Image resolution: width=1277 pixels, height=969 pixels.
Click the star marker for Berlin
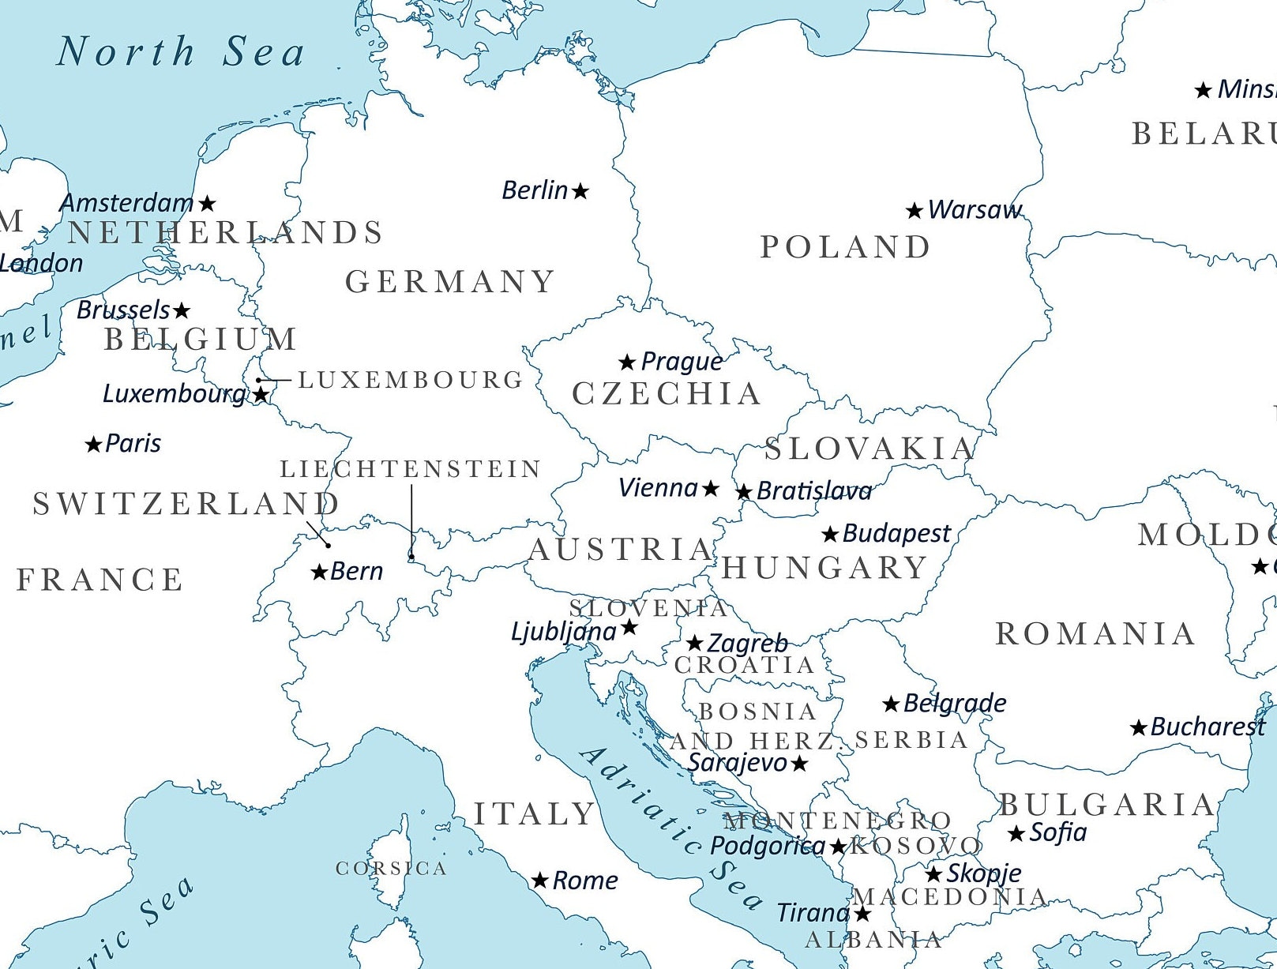click(580, 191)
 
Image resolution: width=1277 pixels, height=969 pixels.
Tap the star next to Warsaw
click(915, 211)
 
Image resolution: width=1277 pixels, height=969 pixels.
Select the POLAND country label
click(845, 247)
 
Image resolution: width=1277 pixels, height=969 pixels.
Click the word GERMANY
click(450, 282)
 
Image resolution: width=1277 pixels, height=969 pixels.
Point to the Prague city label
click(681, 362)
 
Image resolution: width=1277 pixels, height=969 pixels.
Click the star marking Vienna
click(711, 489)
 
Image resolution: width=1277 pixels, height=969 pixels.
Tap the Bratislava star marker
click(744, 492)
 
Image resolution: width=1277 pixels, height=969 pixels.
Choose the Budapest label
click(896, 534)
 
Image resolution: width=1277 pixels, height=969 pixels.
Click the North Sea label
click(181, 52)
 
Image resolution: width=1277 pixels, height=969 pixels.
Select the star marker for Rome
click(540, 881)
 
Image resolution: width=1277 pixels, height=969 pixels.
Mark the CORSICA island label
click(391, 869)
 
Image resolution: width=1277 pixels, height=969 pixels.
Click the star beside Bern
click(319, 572)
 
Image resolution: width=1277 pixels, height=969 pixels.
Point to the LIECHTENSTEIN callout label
click(411, 469)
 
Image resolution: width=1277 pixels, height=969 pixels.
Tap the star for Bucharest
click(1138, 728)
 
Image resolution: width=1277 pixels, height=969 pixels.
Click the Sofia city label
click(1058, 832)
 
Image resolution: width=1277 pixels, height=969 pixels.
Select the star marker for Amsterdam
click(207, 204)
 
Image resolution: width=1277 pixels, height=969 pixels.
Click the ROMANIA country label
click(1095, 634)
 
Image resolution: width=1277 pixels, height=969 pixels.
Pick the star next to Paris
click(93, 445)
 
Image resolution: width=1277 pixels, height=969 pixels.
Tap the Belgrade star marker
click(891, 704)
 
